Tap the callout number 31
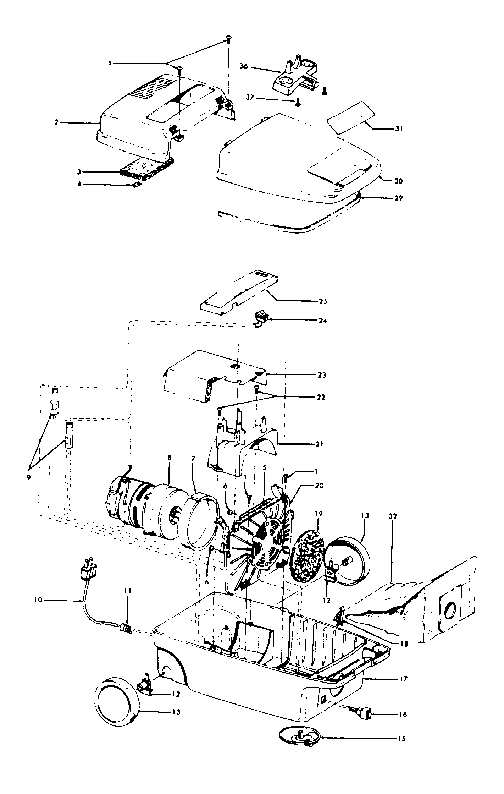(399, 129)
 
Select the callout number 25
(323, 301)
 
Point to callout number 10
(38, 599)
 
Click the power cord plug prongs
(89, 570)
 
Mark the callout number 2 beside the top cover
(56, 122)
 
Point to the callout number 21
(319, 444)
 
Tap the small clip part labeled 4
(135, 185)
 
